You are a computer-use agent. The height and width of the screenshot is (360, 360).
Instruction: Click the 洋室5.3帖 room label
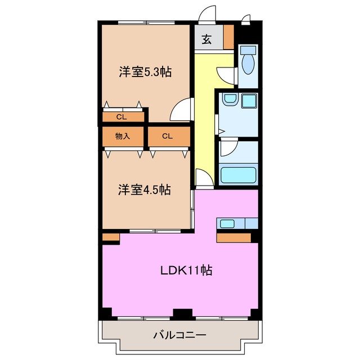145,72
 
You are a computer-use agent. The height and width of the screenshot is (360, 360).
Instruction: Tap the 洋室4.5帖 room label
144,190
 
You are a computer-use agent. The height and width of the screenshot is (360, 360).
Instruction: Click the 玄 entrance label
207,39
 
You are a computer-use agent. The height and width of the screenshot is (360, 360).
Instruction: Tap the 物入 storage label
122,136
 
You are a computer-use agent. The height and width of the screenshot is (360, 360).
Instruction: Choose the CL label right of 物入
168,136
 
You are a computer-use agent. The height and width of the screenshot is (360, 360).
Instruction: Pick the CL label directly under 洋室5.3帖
121,117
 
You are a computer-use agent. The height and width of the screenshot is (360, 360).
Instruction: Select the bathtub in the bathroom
238,175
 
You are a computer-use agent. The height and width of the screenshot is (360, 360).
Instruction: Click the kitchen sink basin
227,223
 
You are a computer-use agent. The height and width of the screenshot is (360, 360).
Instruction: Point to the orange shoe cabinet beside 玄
228,37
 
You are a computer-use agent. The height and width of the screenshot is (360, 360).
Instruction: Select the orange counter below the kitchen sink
234,237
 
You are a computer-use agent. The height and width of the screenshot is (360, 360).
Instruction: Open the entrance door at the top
208,14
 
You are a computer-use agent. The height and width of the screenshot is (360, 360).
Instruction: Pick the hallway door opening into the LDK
204,178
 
